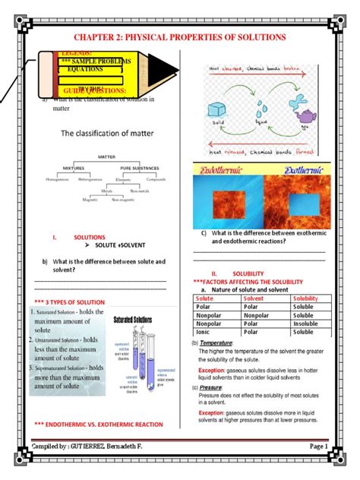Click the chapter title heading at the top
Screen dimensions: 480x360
point(179,36)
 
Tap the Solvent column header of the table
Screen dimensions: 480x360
point(254,299)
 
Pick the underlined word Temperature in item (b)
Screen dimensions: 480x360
point(215,343)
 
